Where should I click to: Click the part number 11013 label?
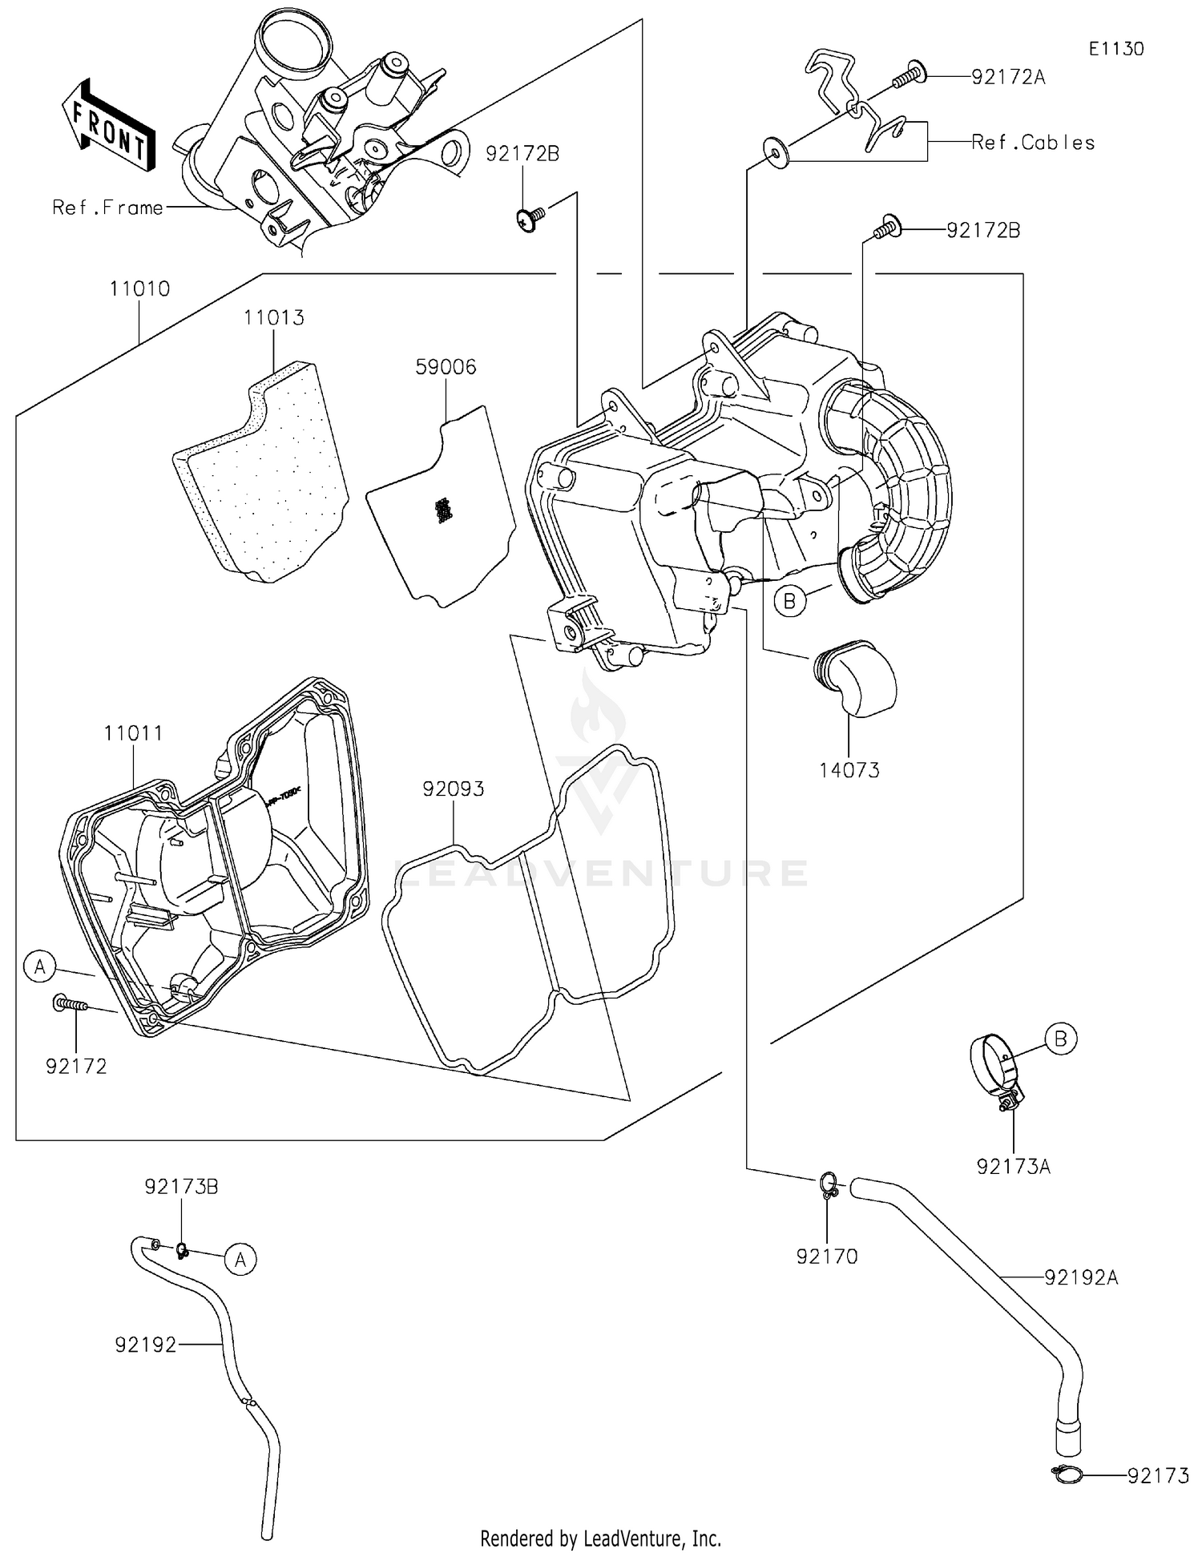coord(274,317)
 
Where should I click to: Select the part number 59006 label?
coord(446,367)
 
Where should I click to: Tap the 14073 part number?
coord(849,770)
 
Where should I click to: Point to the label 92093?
coord(454,789)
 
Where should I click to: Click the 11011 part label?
coord(133,733)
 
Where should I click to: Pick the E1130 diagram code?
coord(1115,49)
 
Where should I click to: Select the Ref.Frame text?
coord(107,208)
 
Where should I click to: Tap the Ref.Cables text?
coord(1032,143)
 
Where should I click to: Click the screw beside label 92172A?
coord(909,76)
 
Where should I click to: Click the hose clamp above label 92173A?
coord(995,1071)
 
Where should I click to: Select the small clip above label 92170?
coord(829,1184)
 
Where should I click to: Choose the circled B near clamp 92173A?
coord(1061,1039)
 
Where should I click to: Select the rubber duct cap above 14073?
coord(855,676)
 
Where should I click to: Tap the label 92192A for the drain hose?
coord(1080,1277)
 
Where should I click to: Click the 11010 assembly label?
coord(140,288)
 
